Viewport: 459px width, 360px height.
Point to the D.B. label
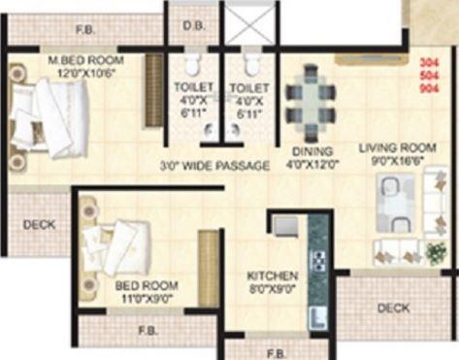[x=192, y=27]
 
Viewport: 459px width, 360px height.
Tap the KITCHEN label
[x=272, y=275]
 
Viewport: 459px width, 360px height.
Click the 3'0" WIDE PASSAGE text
[x=214, y=166]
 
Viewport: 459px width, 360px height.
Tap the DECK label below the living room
[x=393, y=308]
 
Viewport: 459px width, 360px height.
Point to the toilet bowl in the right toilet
[x=252, y=65]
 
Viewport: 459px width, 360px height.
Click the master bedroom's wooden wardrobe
[x=154, y=89]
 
